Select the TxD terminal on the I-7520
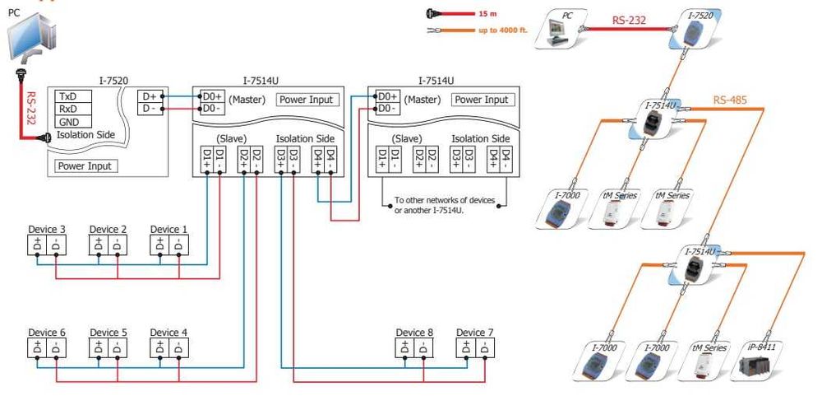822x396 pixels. [x=72, y=96]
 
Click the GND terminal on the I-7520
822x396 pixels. [x=72, y=122]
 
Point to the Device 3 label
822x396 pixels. [x=47, y=229]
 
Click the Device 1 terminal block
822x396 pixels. [x=169, y=245]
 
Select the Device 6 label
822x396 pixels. [x=47, y=333]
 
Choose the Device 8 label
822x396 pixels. [x=414, y=333]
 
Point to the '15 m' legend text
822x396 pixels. [x=488, y=14]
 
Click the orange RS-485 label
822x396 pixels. [x=730, y=102]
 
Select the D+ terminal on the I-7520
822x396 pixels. [x=149, y=96]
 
